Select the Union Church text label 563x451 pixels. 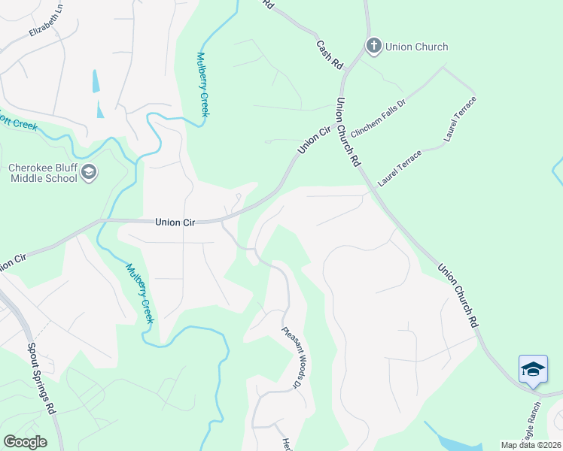tap(416, 47)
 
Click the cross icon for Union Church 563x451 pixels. tap(373, 47)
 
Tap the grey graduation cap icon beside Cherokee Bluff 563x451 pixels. tap(90, 173)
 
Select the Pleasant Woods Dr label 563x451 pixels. tap(293, 357)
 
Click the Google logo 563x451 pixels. tap(25, 442)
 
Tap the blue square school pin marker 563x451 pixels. tap(533, 369)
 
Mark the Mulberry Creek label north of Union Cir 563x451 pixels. tap(202, 83)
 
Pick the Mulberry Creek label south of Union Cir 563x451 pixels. tap(140, 292)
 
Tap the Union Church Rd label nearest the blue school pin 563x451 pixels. tap(458, 295)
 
